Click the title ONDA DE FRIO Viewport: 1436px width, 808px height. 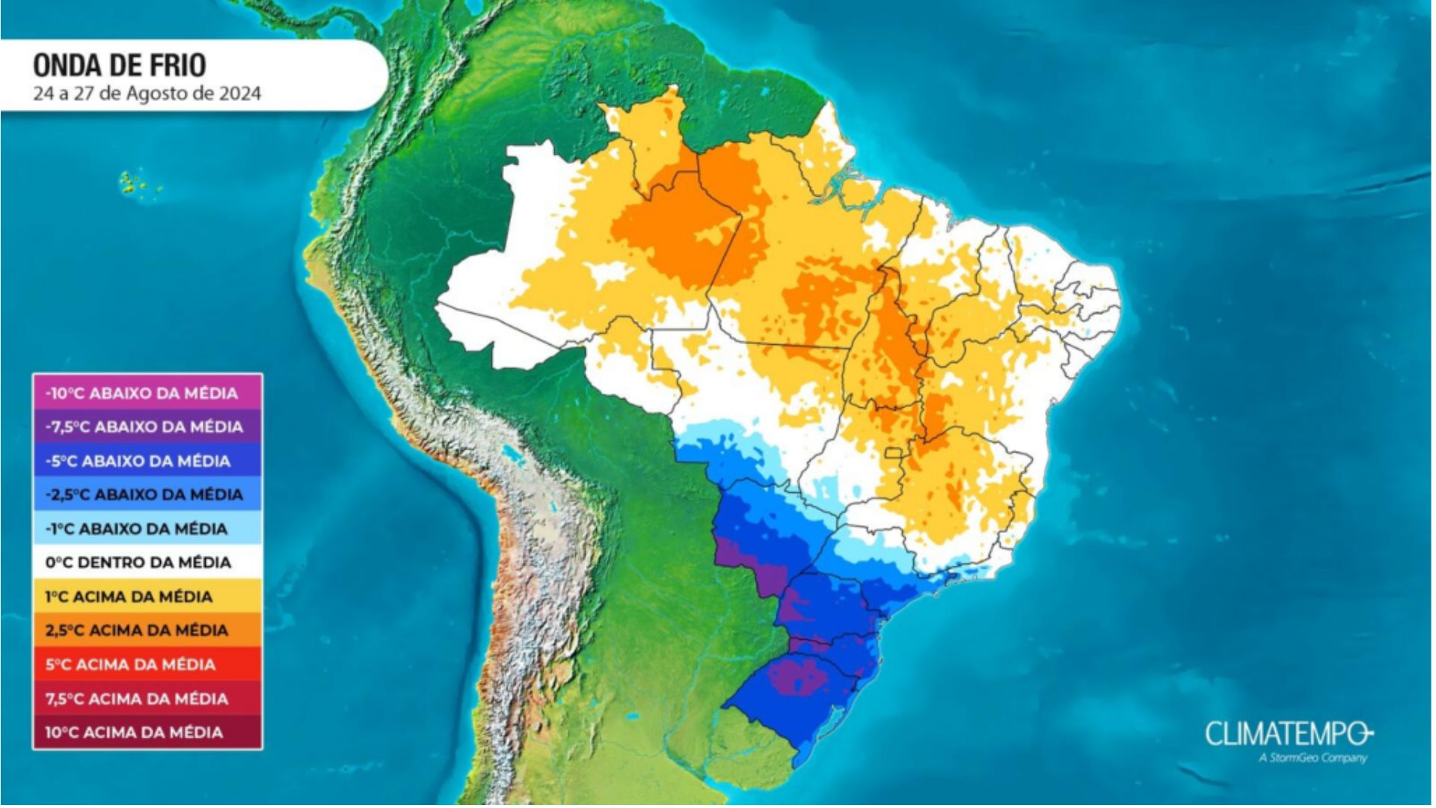click(120, 66)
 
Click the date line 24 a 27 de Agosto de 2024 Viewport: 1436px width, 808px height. click(147, 94)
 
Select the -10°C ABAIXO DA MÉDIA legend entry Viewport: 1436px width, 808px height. click(142, 394)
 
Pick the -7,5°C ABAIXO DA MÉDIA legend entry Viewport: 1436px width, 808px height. click(144, 427)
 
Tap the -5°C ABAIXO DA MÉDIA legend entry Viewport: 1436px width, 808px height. click(138, 462)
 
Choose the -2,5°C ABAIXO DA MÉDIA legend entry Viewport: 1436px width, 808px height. click(144, 495)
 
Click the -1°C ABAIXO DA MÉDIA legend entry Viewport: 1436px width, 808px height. click(137, 529)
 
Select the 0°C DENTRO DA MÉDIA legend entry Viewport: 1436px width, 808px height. click(138, 563)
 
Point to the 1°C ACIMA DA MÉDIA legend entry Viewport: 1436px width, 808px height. click(129, 597)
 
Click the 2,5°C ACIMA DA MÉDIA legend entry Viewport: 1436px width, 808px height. click(137, 631)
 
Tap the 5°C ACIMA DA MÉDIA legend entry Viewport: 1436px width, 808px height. click(131, 664)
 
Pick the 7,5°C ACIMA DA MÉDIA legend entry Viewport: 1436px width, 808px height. click(137, 699)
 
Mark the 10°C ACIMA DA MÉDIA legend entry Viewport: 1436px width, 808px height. click(135, 732)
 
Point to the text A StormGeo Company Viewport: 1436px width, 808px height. click(1313, 758)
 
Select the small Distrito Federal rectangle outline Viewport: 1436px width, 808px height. click(894, 453)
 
